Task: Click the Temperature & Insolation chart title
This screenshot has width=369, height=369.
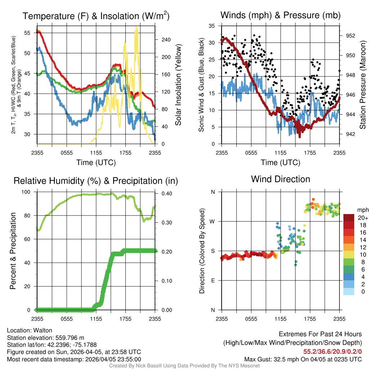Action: click(x=96, y=16)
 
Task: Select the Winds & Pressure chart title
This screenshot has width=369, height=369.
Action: click(x=280, y=15)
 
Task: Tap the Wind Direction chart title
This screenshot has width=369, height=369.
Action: click(x=280, y=179)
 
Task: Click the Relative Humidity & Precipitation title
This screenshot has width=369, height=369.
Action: click(x=96, y=181)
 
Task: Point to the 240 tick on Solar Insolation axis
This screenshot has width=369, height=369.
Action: click(x=165, y=40)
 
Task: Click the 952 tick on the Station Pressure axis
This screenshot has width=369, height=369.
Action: click(x=351, y=36)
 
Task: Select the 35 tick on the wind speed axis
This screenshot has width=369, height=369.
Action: click(x=212, y=26)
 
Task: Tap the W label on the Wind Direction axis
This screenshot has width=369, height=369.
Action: click(x=213, y=221)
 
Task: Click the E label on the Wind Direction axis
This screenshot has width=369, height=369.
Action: click(x=213, y=280)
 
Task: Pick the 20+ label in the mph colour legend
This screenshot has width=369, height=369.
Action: click(x=363, y=218)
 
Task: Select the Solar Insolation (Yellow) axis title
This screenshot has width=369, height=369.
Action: click(x=179, y=85)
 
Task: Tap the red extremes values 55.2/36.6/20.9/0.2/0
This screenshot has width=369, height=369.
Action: click(x=332, y=351)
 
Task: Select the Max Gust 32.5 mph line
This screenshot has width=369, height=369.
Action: click(x=303, y=359)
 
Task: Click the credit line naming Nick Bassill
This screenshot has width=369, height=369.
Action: click(x=184, y=366)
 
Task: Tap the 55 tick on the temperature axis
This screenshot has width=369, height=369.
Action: click(x=27, y=32)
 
